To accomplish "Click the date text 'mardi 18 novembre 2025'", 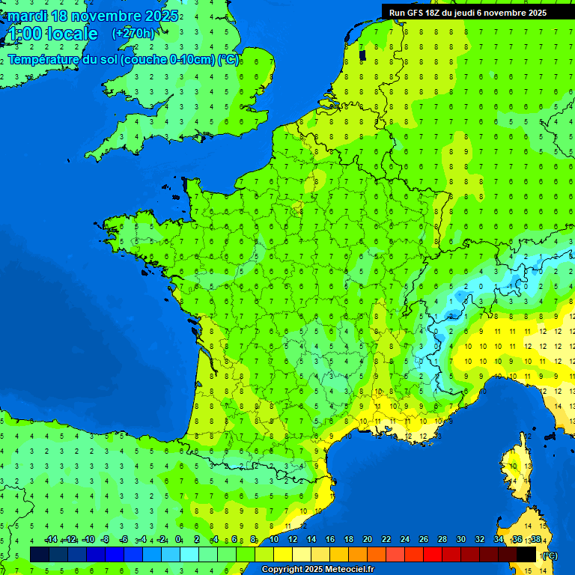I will click(93, 16).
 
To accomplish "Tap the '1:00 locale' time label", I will click(52, 34).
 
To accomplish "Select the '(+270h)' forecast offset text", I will click(133, 33).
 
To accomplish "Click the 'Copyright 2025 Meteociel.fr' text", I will click(317, 569).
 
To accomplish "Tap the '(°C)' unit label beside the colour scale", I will click(549, 555).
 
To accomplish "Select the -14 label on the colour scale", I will click(51, 540).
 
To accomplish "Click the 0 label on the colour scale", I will click(179, 540).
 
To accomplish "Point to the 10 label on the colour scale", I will click(274, 540).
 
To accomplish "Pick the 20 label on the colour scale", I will click(368, 540).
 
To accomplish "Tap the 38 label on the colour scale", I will click(535, 540).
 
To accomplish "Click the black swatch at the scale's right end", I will click(526, 554).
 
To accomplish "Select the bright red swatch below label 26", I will click(433, 554).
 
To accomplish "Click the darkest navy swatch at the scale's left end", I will click(40, 554).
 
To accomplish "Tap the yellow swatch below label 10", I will click(283, 554).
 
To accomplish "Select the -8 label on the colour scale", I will click(106, 540).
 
